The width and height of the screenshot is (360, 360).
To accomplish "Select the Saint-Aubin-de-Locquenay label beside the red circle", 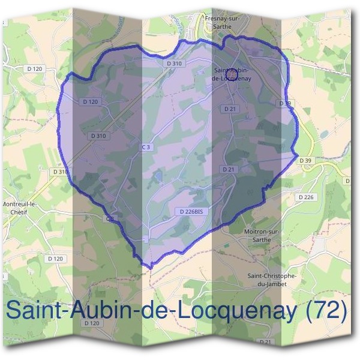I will [232, 74].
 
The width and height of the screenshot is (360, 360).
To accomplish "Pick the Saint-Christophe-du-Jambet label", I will [272, 280].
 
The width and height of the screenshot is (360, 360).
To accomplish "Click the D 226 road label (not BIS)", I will [306, 197].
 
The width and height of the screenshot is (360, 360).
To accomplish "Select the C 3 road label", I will [145, 147].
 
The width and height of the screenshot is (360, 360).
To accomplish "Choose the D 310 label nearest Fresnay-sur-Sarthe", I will [173, 63].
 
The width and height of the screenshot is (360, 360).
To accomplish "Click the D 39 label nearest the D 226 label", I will [306, 161].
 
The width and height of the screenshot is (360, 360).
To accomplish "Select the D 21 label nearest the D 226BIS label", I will [229, 170].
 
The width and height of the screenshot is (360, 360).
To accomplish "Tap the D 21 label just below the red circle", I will [229, 109].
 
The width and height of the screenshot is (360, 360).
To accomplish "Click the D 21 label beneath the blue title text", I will [265, 342].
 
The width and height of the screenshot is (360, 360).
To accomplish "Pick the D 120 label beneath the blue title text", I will [92, 323].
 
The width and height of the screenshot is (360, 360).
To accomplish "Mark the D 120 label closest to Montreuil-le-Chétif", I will [55, 259].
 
